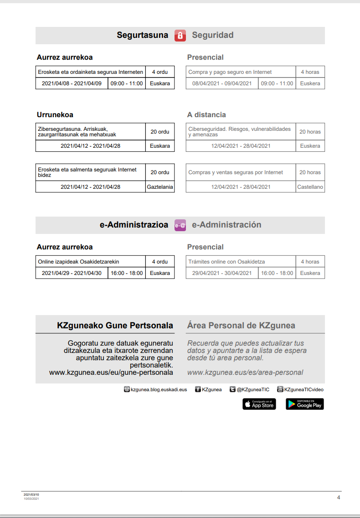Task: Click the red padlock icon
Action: (x=180, y=36)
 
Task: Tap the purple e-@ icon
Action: (x=180, y=225)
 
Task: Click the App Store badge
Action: (x=259, y=404)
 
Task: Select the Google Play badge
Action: (x=304, y=404)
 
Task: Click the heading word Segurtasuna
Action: (x=142, y=35)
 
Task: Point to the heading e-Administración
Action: (x=226, y=225)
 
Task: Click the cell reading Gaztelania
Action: (x=160, y=187)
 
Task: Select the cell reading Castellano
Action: (x=310, y=187)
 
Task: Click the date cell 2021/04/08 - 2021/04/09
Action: (x=72, y=83)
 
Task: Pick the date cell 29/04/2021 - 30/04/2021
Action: (x=222, y=273)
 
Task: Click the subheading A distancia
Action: (x=206, y=115)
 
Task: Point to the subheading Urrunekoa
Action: (x=55, y=115)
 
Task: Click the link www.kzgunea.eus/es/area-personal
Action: (x=245, y=373)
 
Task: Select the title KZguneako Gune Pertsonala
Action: (x=115, y=326)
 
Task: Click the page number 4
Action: (x=339, y=497)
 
